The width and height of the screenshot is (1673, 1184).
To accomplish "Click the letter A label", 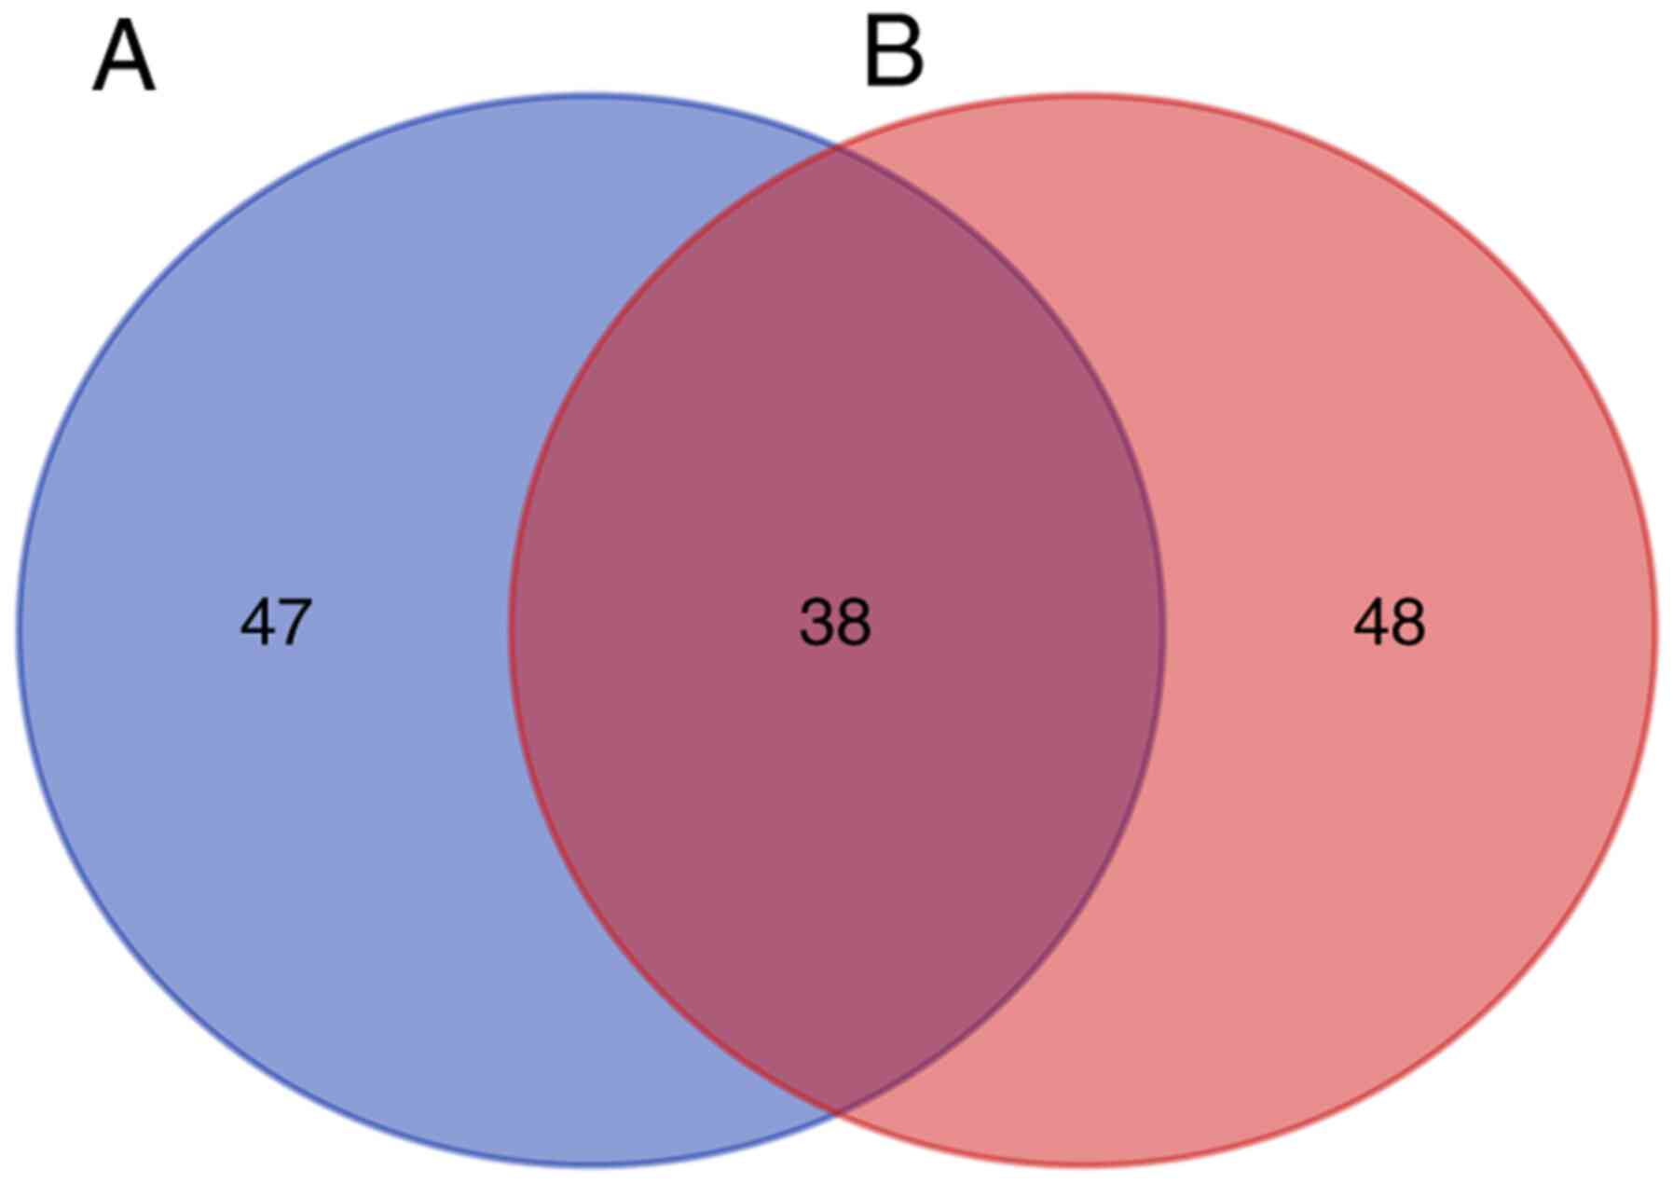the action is click(124, 58).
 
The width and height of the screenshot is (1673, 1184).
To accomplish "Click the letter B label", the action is click(894, 54).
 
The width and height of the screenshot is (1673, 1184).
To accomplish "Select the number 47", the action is click(276, 623).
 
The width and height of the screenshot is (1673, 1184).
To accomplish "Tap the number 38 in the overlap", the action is click(835, 623).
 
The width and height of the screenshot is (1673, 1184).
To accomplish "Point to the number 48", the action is click(1389, 623).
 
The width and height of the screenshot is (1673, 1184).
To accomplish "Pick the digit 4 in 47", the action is click(258, 623).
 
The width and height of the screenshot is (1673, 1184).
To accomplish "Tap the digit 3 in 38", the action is click(816, 623).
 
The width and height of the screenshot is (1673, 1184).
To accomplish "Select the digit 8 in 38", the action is click(854, 623).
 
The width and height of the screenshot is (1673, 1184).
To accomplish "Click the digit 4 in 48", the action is click(1370, 623).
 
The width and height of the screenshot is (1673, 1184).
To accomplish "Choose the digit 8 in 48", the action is click(1407, 623).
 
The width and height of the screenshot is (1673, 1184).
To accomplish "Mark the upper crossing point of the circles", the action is click(836, 146).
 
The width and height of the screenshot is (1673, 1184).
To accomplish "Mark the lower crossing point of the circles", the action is click(836, 1112).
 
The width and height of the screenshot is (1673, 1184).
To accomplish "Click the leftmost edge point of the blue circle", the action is click(19, 629).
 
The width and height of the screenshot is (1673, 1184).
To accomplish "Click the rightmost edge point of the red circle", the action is click(1656, 629).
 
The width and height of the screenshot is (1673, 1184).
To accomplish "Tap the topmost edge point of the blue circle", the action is click(591, 94).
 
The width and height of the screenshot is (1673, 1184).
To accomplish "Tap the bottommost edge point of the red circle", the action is click(1083, 1164).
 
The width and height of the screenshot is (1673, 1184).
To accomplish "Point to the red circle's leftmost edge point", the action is click(511, 629).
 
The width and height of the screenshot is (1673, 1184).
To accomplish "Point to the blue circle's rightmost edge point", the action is click(1163, 629).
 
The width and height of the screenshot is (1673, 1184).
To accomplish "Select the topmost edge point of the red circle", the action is click(1083, 94).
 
